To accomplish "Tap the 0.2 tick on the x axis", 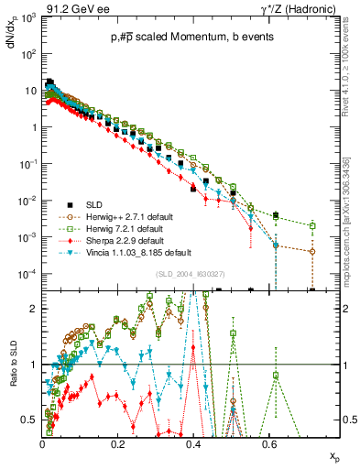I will [x=117, y=442].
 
